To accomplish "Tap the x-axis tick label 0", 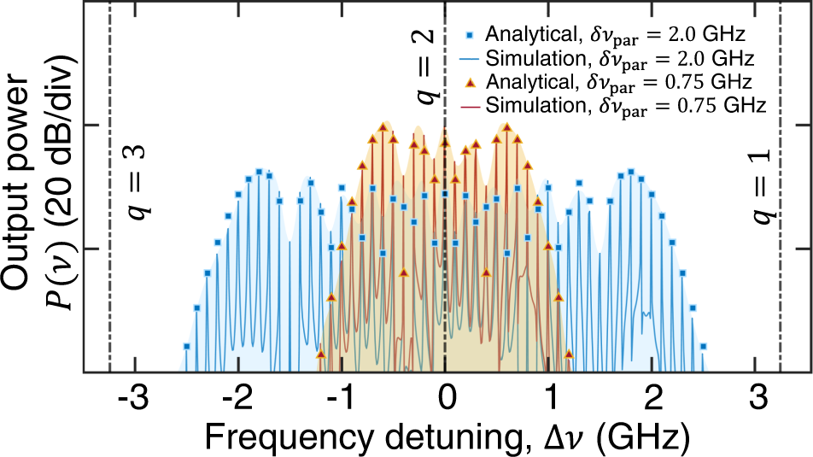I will pos(445,399).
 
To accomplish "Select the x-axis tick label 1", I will pos(549,399).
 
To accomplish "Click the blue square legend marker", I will pos(470,36).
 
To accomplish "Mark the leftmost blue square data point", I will pos(186,346).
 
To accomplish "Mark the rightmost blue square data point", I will pos(703,346).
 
